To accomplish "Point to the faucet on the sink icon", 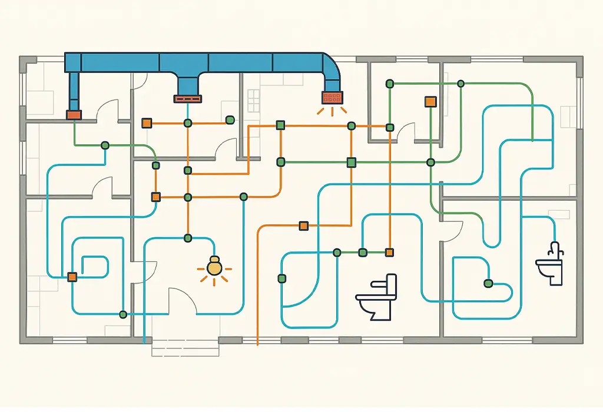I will [554, 249].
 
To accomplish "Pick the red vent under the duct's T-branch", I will [188, 98].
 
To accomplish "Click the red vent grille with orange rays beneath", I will [332, 97].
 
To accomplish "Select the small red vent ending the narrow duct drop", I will [74, 115].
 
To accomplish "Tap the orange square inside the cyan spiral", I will [72, 276].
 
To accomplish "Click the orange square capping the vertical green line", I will [430, 101].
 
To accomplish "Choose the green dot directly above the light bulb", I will [188, 238].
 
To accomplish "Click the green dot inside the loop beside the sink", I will [488, 284].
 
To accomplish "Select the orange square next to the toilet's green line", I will [389, 252].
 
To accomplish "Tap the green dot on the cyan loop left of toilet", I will [282, 278].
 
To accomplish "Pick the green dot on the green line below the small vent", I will [105, 145].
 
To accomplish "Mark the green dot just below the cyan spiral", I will [122, 314].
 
